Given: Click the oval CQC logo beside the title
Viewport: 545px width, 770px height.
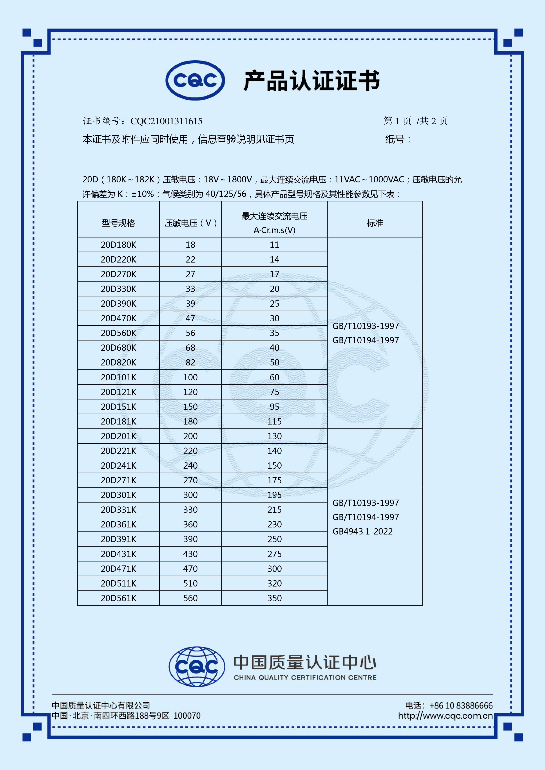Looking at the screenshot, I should pyautogui.click(x=195, y=80).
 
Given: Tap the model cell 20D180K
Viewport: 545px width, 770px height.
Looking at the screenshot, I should pyautogui.click(x=118, y=245).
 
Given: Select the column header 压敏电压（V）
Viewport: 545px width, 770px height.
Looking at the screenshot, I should pyautogui.click(x=190, y=223).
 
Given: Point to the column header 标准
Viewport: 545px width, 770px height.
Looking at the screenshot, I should pyautogui.click(x=375, y=223).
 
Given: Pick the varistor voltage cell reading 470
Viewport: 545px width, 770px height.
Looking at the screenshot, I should pyautogui.click(x=190, y=569).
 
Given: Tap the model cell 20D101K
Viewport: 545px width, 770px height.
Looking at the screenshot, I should pyautogui.click(x=118, y=377).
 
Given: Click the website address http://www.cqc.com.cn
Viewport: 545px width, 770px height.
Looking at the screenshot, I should pyautogui.click(x=445, y=716).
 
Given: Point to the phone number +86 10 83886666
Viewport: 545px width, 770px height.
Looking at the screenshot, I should pyautogui.click(x=461, y=706).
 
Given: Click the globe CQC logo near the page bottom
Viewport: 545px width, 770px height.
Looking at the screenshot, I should pyautogui.click(x=197, y=666).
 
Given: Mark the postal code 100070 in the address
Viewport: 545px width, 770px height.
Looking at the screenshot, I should pyautogui.click(x=187, y=716).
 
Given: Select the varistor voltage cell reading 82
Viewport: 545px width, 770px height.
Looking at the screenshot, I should pyautogui.click(x=190, y=363).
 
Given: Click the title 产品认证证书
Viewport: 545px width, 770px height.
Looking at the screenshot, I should pyautogui.click(x=311, y=81).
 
